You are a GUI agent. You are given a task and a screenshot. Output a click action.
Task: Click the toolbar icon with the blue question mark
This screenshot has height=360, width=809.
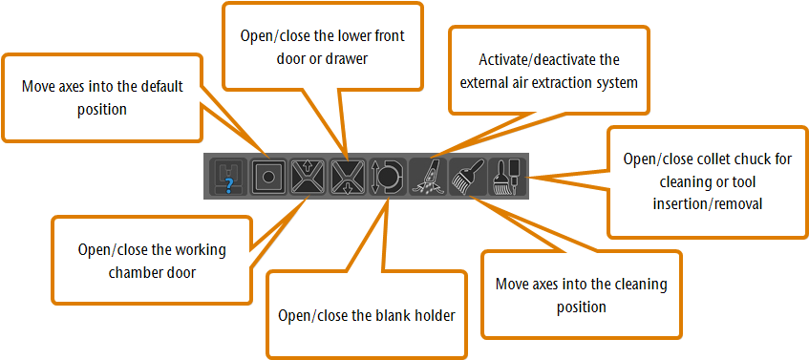tap(227, 178)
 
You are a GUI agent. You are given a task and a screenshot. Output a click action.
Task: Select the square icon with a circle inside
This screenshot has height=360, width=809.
tap(270, 178)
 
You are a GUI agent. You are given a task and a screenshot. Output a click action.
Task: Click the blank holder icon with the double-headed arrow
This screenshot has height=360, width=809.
tap(386, 178)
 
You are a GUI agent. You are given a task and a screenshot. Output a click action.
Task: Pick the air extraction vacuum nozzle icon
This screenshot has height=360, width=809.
tap(426, 178)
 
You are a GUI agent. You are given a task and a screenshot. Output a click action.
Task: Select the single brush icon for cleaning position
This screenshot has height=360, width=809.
tap(465, 178)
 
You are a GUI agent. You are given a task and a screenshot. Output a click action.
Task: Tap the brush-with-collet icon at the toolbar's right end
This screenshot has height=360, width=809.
tap(503, 178)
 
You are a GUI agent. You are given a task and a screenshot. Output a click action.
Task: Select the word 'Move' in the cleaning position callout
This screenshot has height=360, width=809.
tap(513, 286)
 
